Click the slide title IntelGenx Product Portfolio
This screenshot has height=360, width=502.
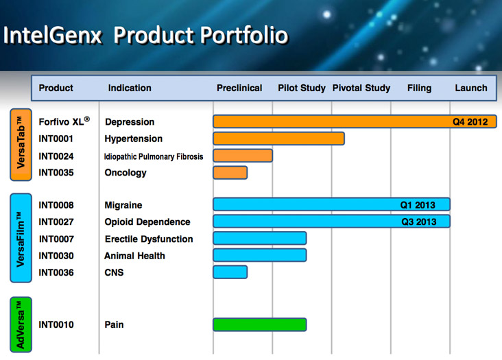coord(145,35)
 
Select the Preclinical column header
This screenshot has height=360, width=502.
coord(239,88)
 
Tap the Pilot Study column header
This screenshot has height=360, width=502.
coord(302,88)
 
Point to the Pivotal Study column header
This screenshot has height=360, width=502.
coord(361,88)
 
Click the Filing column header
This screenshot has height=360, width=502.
coord(419,88)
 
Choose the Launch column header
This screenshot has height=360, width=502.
coord(471,88)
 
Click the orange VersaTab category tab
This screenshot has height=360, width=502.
coord(20,145)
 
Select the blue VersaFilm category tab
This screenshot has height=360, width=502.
coord(20,238)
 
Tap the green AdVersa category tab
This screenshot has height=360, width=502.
coord(20,324)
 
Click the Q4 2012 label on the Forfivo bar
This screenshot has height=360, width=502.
coord(470,122)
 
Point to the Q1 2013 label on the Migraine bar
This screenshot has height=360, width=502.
coord(418,205)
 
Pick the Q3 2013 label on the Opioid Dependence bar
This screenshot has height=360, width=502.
coord(418,221)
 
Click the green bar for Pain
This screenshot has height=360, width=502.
coord(259,324)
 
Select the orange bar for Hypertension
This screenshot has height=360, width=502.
coord(278,139)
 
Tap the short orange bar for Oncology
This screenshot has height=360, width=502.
coord(230,172)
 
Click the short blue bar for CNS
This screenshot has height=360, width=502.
coord(230,272)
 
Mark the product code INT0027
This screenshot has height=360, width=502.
coord(56,221)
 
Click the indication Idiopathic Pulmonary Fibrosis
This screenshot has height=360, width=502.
coord(154,156)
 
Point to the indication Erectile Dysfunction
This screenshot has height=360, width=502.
coord(148,239)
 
